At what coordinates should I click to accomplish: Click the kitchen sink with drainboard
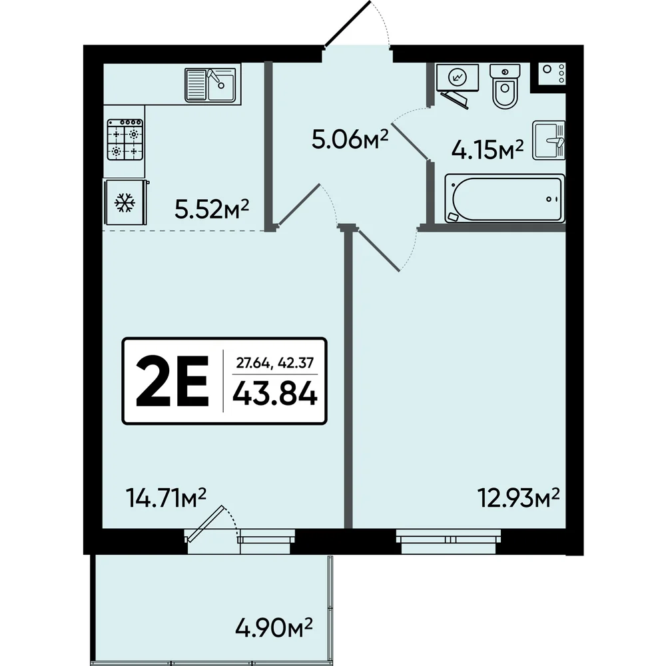coord(210,85)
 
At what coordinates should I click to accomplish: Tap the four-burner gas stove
coord(125,139)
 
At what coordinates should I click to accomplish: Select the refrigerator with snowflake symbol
coord(126,202)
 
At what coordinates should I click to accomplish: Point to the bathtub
coord(505,198)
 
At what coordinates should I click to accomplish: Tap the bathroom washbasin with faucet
coord(549,140)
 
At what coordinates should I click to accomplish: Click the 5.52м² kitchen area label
coord(212,208)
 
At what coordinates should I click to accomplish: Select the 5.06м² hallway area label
coord(350,139)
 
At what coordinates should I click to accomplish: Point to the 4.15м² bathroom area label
coord(488,149)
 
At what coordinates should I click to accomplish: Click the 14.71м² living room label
coord(166,498)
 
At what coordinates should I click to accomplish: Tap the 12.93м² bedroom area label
coord(519,498)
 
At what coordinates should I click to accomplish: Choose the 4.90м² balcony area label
coord(274,628)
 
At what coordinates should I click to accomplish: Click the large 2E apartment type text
coord(172,381)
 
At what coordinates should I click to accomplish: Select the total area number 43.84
coord(275,393)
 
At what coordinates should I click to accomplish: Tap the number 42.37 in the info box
coord(296,363)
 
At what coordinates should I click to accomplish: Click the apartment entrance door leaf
coord(348,23)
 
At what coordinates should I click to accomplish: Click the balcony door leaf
coord(205,523)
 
